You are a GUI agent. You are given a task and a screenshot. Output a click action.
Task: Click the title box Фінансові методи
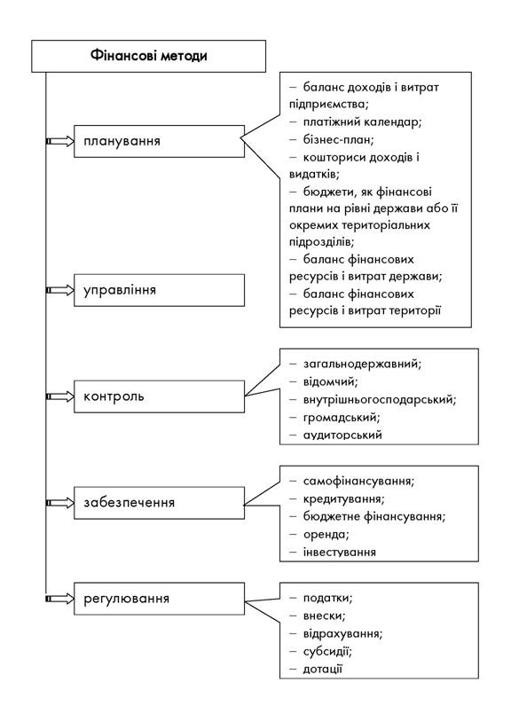click(149, 56)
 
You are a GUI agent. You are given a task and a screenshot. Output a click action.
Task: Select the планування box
click(159, 141)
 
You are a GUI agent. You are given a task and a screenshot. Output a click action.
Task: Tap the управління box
click(159, 290)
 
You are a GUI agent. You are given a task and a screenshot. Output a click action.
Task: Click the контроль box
click(159, 396)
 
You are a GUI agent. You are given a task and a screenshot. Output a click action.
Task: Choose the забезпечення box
click(159, 503)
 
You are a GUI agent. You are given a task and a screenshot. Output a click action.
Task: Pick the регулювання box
click(159, 599)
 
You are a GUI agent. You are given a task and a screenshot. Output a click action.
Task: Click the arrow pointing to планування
click(60, 141)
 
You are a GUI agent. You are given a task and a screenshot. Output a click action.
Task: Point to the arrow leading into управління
click(60, 290)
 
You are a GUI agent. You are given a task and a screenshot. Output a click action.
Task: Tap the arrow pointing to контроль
click(60, 396)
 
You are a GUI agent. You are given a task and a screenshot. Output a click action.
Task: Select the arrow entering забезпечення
click(60, 503)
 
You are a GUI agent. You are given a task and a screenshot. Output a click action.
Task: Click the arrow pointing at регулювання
click(60, 599)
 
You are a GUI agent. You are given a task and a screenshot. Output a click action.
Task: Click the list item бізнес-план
click(338, 139)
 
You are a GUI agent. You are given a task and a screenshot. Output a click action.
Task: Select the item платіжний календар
click(362, 122)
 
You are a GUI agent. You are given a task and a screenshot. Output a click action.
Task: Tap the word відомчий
click(330, 381)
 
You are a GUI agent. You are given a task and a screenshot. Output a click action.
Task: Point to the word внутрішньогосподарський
click(380, 399)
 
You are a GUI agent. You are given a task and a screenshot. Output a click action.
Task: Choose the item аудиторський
click(342, 435)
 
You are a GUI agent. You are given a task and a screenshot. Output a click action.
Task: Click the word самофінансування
click(358, 482)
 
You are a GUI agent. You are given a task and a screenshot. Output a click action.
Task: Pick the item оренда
click(326, 535)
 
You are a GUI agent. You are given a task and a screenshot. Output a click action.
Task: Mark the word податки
click(327, 598)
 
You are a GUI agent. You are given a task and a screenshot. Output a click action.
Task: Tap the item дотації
click(323, 669)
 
